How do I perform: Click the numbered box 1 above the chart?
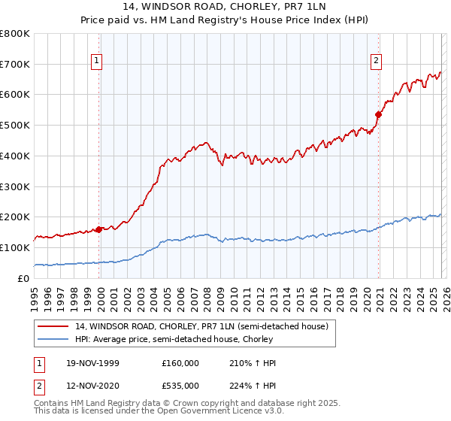click(x=97, y=62)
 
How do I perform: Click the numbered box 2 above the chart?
click(x=375, y=62)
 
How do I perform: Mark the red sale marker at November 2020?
click(x=378, y=114)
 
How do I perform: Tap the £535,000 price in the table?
click(x=180, y=385)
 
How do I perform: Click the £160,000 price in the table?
click(x=180, y=363)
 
